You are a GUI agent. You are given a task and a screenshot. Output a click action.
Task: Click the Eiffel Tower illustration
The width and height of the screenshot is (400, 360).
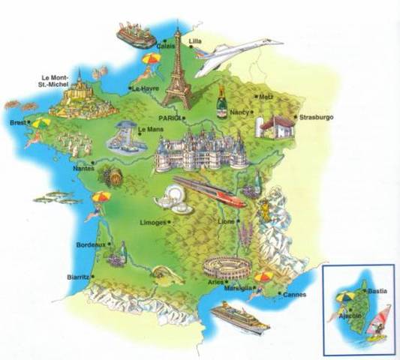pos(178,71)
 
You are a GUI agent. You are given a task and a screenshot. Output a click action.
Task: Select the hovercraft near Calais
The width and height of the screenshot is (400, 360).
pos(136,34)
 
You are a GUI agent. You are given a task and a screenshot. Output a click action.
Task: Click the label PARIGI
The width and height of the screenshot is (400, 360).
pos(171,118)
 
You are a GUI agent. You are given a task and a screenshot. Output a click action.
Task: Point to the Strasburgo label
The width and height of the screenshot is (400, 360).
pos(316,118)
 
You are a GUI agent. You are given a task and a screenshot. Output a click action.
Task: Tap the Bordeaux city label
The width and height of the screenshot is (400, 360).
pos(92,245)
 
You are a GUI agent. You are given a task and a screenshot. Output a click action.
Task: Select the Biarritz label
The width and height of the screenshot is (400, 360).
pos(77,277)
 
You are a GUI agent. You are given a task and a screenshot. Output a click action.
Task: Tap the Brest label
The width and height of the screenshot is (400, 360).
pos(17,123)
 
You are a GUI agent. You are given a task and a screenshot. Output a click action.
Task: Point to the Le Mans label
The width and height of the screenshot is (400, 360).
pos(151,130)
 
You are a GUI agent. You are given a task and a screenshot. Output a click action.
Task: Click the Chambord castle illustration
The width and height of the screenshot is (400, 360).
pos(201,150)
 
